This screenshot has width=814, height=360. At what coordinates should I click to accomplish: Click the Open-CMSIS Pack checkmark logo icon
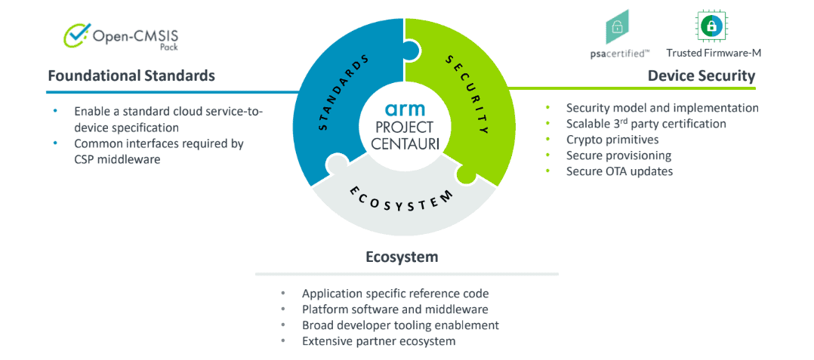click(x=76, y=35)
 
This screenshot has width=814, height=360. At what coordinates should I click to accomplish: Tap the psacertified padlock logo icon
click(x=616, y=27)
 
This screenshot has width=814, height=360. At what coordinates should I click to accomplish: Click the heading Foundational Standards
click(x=131, y=75)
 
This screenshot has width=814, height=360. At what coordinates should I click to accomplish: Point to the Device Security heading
click(x=701, y=75)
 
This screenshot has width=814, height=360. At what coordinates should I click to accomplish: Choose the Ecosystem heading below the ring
click(x=402, y=257)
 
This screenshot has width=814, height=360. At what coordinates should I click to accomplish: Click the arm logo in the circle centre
click(x=405, y=110)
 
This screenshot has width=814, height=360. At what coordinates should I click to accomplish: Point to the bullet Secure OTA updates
click(x=619, y=171)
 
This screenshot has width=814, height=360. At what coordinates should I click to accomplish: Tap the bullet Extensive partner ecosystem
click(x=379, y=341)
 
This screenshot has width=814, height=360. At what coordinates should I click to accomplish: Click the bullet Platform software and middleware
click(x=395, y=309)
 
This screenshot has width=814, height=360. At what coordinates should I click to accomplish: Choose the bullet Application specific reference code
click(x=396, y=293)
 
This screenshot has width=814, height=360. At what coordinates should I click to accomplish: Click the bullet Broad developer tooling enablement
click(x=400, y=325)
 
